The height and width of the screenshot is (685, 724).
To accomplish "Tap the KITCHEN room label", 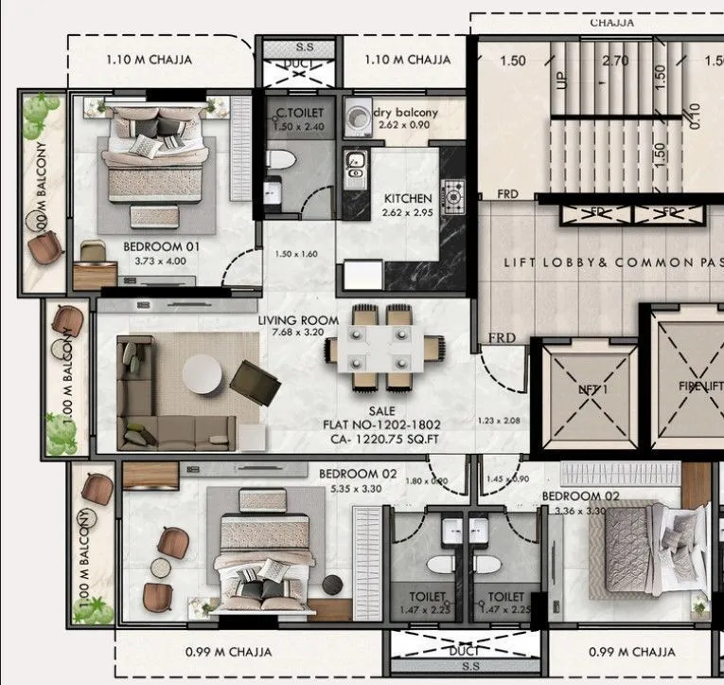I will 407,199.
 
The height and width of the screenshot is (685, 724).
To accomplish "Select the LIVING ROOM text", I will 298,320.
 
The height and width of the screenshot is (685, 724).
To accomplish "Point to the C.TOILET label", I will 289,113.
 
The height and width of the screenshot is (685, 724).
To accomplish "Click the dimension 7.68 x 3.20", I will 299,333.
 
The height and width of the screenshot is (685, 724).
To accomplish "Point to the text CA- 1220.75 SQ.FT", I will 380,440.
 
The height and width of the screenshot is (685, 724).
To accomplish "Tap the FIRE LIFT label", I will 700,387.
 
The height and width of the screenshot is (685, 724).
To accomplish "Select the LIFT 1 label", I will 590,388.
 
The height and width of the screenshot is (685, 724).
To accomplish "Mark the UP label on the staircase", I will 561,81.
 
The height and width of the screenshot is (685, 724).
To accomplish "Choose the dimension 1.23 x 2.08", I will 500,420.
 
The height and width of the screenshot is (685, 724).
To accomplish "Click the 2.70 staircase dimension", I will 615,61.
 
